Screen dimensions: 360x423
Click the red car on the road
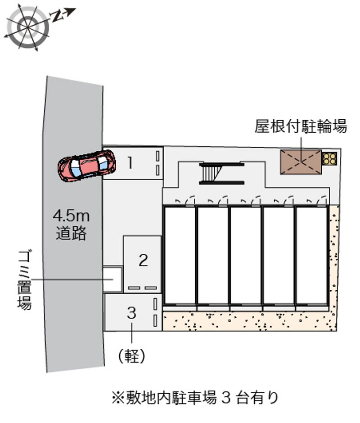coord(87,166)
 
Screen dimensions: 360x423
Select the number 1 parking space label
coord(130,162)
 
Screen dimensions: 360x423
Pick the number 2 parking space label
coord(143,260)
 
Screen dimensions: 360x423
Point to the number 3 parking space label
coord(132,313)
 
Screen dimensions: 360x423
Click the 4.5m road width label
coord(71,216)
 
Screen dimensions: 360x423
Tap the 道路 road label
coord(71,233)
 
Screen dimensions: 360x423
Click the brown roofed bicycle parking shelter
coord(301,162)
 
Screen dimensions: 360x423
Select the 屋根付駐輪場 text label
coord(301,126)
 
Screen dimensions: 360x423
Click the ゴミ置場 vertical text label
coord(25,280)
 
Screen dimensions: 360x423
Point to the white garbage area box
coord(112,279)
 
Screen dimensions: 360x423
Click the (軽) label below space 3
coord(132,355)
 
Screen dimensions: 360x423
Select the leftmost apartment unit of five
coord(180,255)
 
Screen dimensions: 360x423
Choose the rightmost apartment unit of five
coord(311,255)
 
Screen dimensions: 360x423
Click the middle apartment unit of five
coord(246,255)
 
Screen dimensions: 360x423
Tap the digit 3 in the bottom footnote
coord(226,398)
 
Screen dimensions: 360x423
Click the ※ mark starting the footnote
coord(117,398)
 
